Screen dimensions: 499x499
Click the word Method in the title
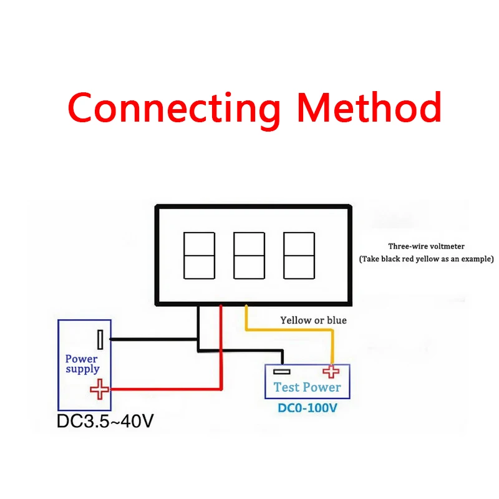point(369,107)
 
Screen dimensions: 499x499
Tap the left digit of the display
point(199,255)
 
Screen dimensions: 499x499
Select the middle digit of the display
point(249,255)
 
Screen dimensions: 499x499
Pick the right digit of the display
point(299,255)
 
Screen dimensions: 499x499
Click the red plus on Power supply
point(99,390)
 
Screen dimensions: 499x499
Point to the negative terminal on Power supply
point(100,340)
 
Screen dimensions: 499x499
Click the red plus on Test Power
point(330,372)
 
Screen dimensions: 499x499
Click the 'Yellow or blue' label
point(313,320)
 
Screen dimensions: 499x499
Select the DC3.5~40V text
point(105,421)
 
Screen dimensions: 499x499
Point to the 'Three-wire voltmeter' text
point(426,246)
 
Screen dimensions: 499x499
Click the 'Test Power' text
point(307,387)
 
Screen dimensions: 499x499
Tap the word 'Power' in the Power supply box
point(81,359)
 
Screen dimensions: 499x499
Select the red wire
point(221,349)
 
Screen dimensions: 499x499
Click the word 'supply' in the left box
point(82,369)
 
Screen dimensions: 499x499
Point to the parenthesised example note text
point(426,258)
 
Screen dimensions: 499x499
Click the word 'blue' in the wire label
point(336,320)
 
